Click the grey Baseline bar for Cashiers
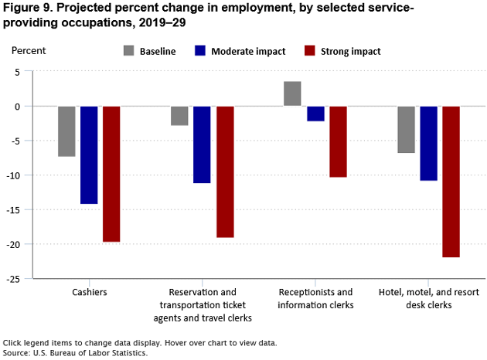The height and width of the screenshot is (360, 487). (66, 131)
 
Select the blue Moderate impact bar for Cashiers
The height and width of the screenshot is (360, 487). (89, 155)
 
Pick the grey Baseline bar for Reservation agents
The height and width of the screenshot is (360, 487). (179, 115)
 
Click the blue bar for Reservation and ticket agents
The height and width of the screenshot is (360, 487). (202, 144)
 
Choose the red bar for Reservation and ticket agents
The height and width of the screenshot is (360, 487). (225, 172)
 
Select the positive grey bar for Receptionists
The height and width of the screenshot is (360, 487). (292, 93)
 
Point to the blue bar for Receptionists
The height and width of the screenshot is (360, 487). (315, 114)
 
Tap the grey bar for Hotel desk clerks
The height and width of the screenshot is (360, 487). (406, 129)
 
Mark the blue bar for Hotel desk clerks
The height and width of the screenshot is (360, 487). (428, 143)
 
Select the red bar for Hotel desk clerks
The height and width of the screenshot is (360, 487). (451, 182)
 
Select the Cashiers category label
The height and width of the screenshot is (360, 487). (89, 293)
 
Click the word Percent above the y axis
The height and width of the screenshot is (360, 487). (29, 50)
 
